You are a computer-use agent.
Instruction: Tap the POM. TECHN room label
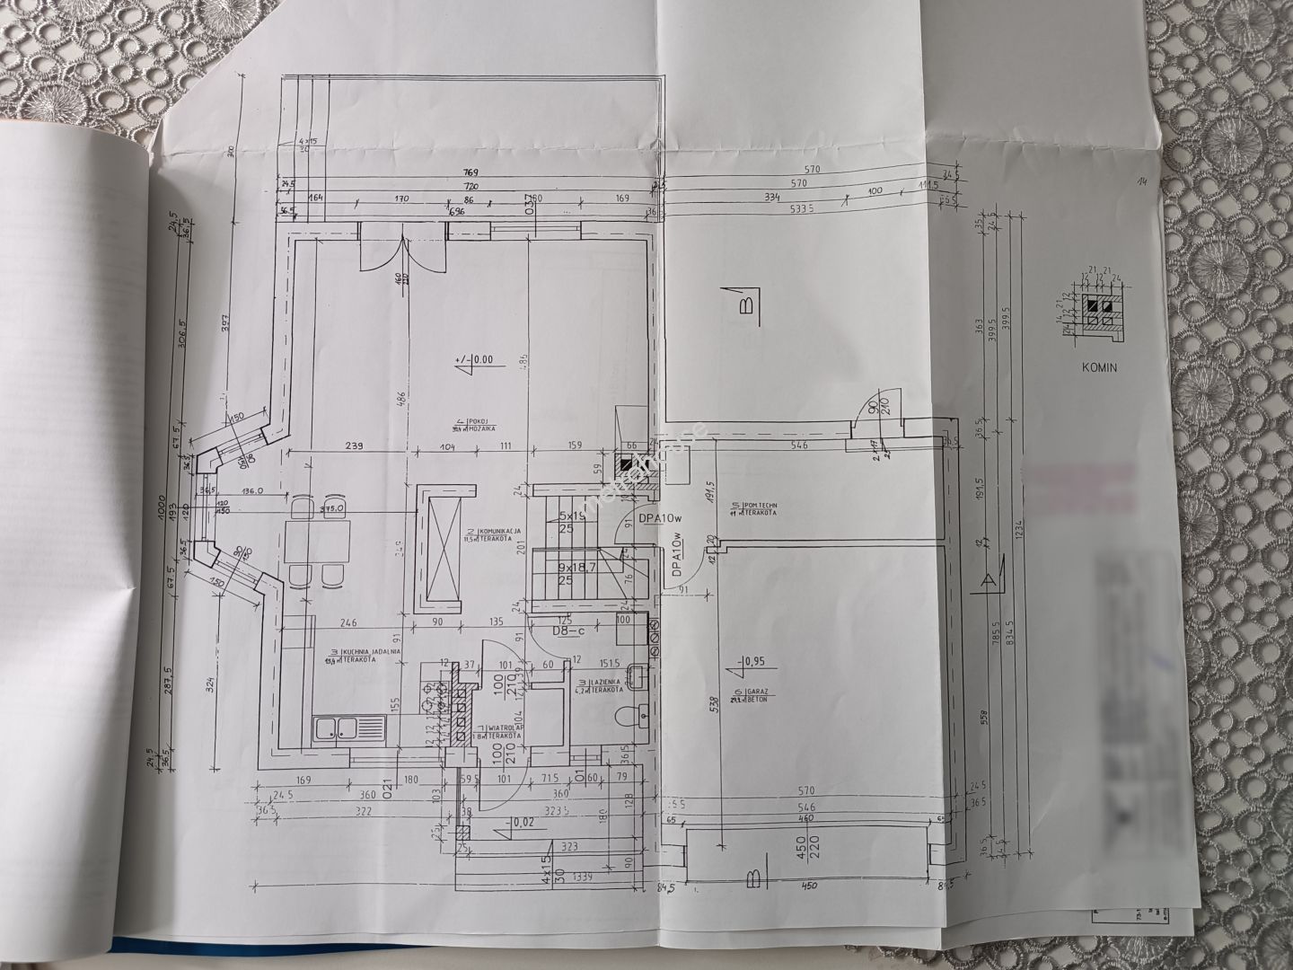753,509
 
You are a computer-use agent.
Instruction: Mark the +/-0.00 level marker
478,361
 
